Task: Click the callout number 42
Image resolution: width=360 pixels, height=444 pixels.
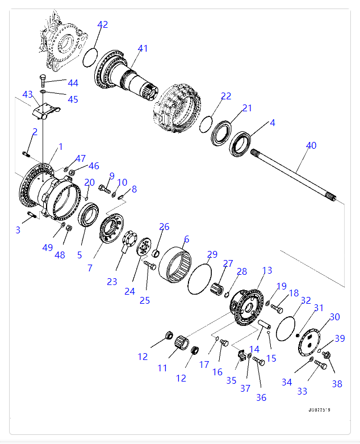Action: tap(102, 24)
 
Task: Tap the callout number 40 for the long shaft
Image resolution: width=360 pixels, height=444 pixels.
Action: tap(311, 145)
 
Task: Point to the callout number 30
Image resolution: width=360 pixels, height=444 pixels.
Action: tap(335, 317)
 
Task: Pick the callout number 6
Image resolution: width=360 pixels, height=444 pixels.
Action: tap(186, 240)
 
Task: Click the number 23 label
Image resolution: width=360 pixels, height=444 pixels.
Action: tap(111, 281)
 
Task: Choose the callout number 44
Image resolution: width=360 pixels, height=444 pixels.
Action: tap(73, 83)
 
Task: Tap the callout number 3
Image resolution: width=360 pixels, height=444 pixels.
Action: tap(18, 229)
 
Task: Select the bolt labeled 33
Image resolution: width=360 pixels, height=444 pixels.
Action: tap(319, 365)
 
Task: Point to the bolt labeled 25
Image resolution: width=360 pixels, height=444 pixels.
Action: tap(150, 265)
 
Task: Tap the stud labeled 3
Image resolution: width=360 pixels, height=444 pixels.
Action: tap(32, 215)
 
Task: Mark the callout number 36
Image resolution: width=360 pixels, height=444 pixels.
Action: tap(261, 397)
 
